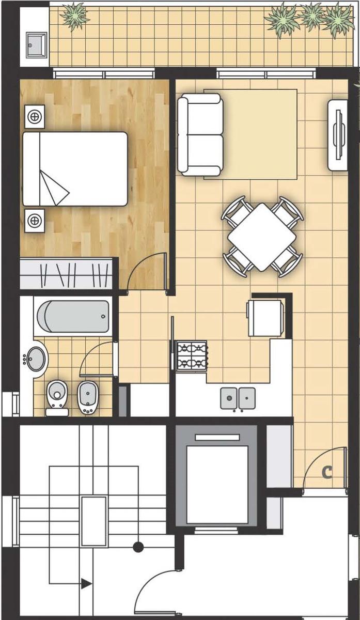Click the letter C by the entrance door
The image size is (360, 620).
327,472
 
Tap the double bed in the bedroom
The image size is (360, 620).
75,169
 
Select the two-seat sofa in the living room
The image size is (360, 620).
200,134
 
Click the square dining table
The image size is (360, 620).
262,237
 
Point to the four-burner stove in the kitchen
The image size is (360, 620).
192,355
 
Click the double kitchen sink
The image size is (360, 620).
238,398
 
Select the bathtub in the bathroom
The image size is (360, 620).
73,316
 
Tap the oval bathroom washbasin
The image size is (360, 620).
36,359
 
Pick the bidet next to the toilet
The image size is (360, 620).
88,397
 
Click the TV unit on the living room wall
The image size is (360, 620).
338,135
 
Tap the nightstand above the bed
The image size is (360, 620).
35,117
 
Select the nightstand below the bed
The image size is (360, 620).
35,221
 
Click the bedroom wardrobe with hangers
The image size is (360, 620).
67,274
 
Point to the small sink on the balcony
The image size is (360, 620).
37,45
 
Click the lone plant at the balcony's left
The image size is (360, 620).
75,16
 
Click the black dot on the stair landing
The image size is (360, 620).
138,547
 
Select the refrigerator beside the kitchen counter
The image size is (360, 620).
265,318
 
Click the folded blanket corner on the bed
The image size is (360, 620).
54,188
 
